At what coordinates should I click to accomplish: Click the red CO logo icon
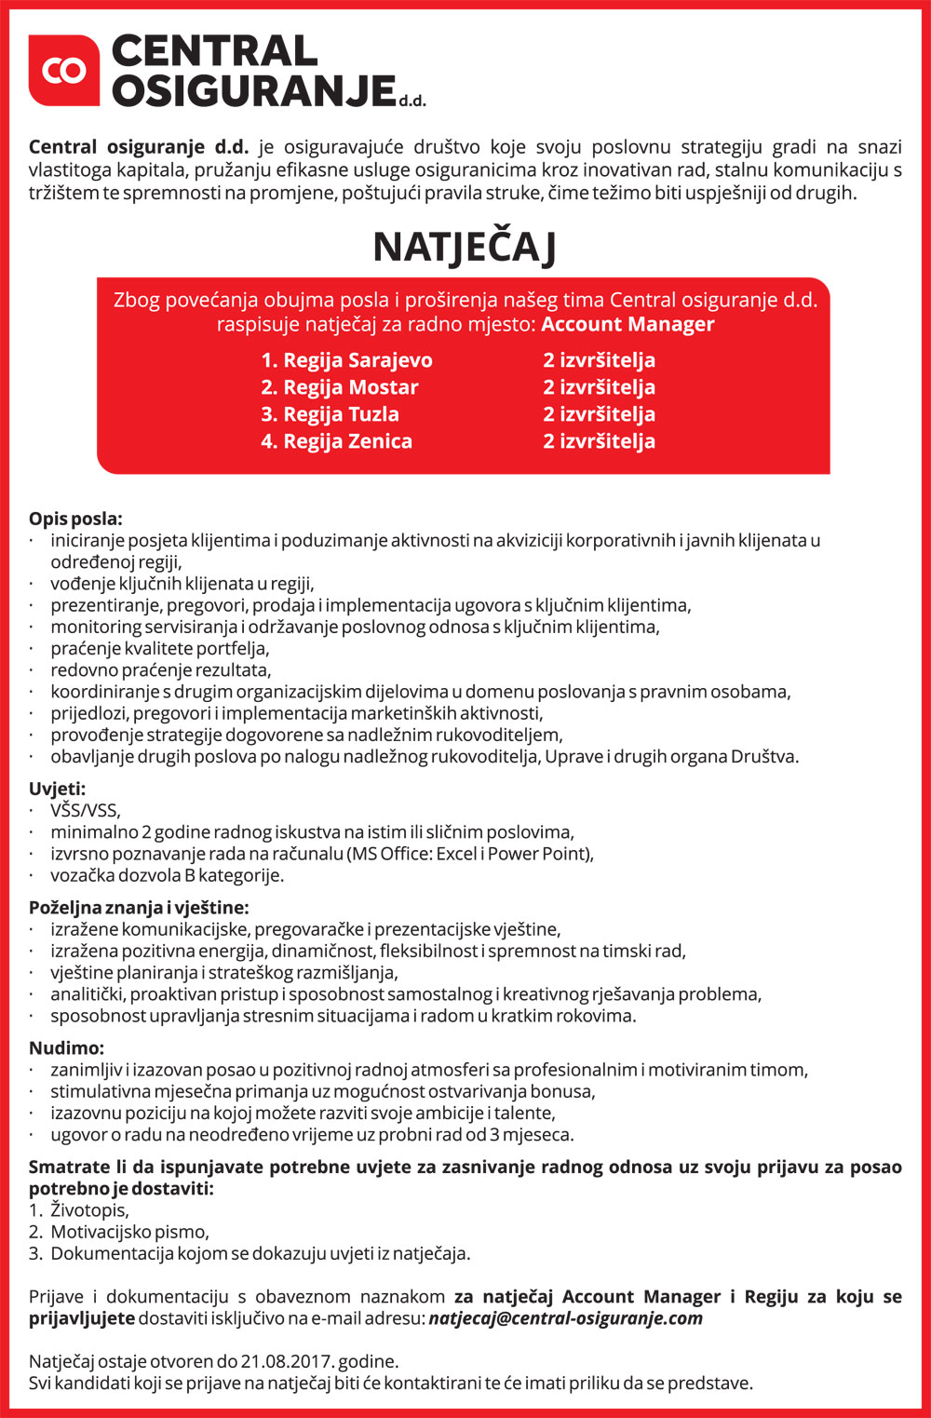click(x=63, y=70)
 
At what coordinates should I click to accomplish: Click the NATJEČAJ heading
click(x=465, y=248)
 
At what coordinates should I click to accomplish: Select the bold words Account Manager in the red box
click(x=627, y=324)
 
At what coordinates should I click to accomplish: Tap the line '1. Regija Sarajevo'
click(x=346, y=360)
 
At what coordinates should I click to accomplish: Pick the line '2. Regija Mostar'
click(x=340, y=387)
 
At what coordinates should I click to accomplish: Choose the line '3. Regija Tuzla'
click(x=330, y=414)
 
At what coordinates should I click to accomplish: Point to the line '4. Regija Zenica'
click(x=336, y=441)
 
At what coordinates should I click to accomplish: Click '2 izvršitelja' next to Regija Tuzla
click(x=599, y=414)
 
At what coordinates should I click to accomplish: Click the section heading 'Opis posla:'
click(x=75, y=519)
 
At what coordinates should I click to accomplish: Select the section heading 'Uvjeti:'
click(x=57, y=789)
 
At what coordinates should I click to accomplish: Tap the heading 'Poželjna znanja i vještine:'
click(x=139, y=907)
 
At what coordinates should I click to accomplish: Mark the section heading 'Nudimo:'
click(x=66, y=1047)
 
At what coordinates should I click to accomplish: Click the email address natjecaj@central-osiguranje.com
click(x=565, y=1318)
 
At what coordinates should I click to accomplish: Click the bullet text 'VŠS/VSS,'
click(x=86, y=810)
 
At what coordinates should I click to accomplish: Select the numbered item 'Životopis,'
click(x=89, y=1210)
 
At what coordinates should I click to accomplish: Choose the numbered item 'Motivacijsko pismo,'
click(x=129, y=1232)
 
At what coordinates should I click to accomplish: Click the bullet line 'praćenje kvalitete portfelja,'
click(x=160, y=648)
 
